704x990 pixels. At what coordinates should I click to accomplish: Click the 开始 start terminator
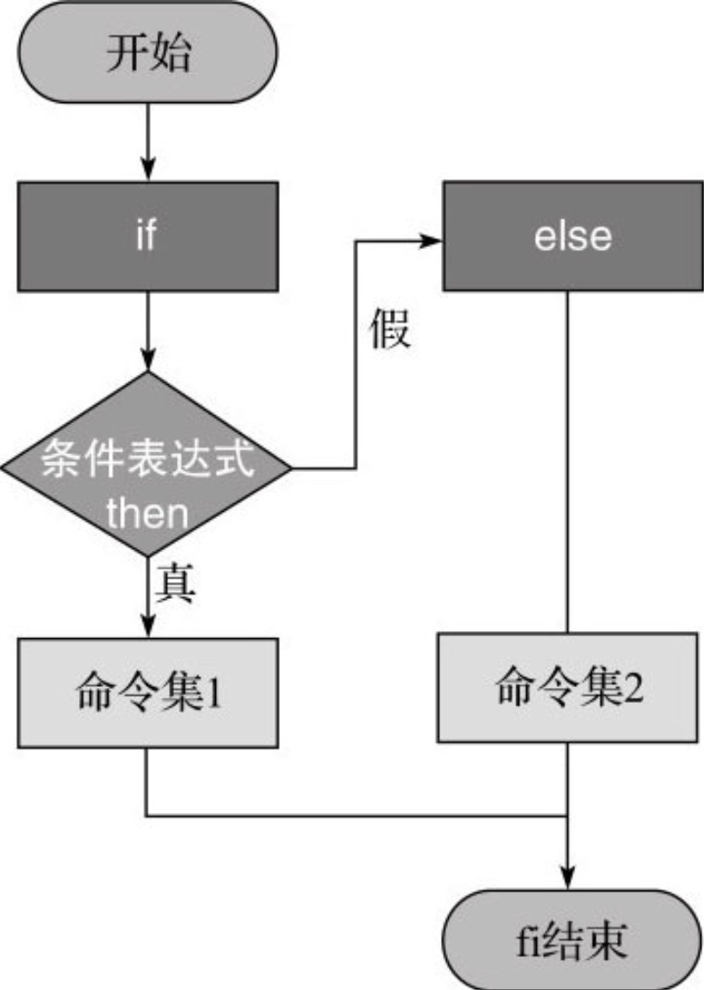point(148,52)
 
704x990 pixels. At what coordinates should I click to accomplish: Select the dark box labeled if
point(148,236)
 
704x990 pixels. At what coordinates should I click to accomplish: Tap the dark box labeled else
point(573,236)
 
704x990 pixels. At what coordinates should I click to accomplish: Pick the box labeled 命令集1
point(148,692)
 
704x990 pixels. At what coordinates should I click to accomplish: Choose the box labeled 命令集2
point(568,688)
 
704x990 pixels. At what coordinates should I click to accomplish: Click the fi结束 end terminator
point(572,940)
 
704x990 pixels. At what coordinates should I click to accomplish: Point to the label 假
point(390,328)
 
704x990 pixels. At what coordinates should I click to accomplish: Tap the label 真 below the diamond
point(175,582)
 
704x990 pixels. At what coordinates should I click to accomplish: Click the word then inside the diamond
point(148,514)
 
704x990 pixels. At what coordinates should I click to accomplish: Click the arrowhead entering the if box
point(148,170)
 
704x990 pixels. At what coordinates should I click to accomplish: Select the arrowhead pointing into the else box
point(431,241)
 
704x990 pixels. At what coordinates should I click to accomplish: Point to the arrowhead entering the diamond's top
point(148,360)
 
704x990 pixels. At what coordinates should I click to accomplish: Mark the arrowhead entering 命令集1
point(148,627)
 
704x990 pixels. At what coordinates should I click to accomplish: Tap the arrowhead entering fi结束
point(568,878)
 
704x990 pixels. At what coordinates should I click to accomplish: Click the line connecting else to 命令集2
point(567,462)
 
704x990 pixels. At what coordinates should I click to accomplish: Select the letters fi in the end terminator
point(529,941)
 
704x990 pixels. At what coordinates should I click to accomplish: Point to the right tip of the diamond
point(292,468)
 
